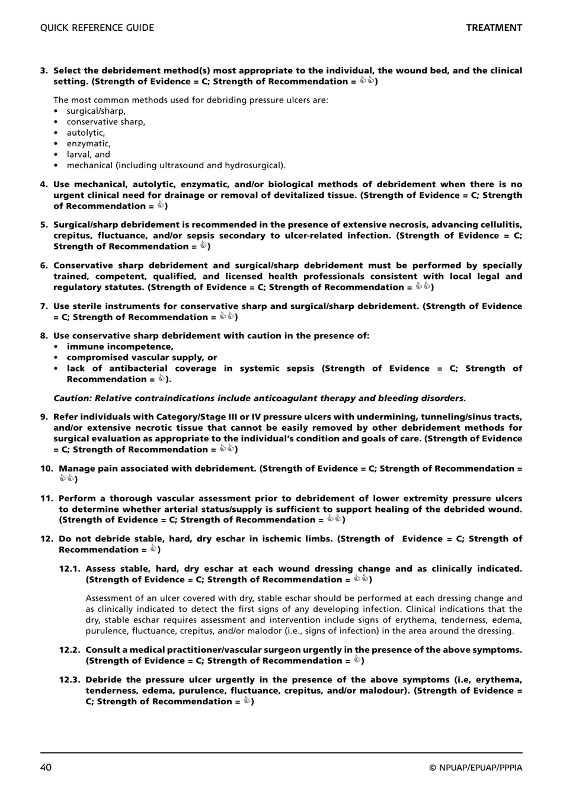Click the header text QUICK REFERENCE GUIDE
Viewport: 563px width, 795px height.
(97, 28)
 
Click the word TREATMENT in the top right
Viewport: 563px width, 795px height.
(494, 28)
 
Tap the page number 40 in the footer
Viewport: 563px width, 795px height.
(46, 768)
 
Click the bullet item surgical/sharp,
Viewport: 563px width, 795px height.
(96, 111)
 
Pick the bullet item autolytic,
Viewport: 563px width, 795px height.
(86, 133)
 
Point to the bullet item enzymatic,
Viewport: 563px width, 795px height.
(88, 143)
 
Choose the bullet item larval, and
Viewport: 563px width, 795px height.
(88, 155)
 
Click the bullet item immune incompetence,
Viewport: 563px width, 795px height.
(120, 347)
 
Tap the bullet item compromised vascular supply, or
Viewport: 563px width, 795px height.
(142, 357)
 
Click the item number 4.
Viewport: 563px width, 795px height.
(44, 184)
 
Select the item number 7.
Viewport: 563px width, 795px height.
(44, 306)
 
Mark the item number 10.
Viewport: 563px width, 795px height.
(46, 469)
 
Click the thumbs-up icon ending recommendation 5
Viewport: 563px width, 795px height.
(203, 245)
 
